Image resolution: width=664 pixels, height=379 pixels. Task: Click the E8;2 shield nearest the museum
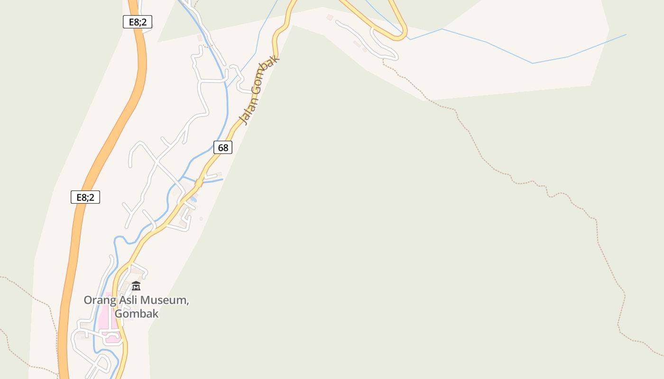click(x=85, y=197)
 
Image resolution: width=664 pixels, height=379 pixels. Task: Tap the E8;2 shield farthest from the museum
click(x=138, y=22)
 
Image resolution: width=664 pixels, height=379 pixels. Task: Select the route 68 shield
click(x=223, y=147)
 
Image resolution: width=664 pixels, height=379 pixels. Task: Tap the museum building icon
click(x=136, y=286)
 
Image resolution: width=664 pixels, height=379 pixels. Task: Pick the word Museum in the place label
click(x=166, y=300)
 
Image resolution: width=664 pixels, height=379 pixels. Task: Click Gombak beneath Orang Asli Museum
click(x=137, y=314)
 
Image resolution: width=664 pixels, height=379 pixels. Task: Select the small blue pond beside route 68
click(x=193, y=200)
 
